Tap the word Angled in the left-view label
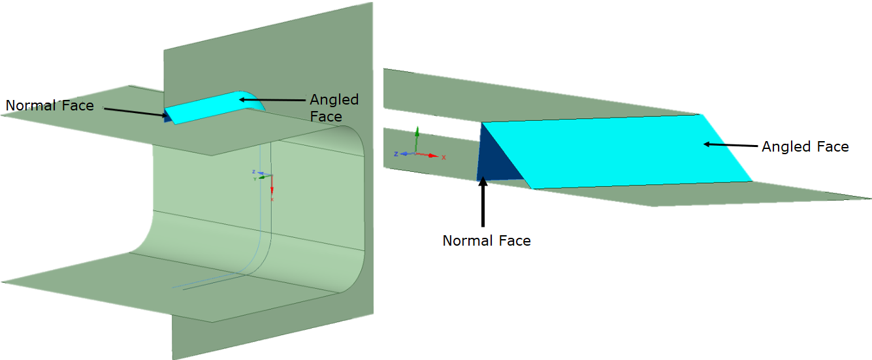[x=334, y=100]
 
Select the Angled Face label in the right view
[x=805, y=147]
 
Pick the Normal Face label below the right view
[x=487, y=240]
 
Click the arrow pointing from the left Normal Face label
[x=134, y=112]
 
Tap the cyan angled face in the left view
[x=209, y=105]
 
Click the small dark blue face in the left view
[x=168, y=118]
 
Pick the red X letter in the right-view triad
[x=444, y=157]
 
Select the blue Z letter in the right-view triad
[x=396, y=154]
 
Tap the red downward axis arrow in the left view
[x=272, y=186]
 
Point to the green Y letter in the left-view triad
[x=254, y=178]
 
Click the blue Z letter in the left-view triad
[x=253, y=172]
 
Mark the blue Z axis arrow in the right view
[x=406, y=154]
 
